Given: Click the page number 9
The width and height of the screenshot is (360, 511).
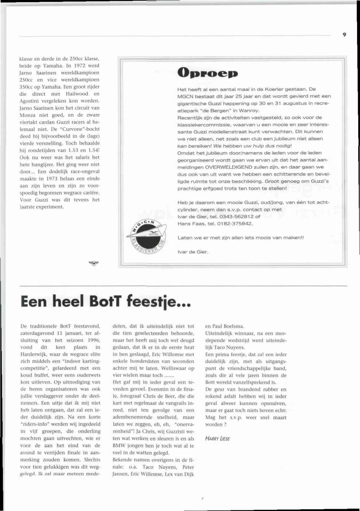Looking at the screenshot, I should (344, 35).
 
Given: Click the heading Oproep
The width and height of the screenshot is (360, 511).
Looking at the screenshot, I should (207, 73).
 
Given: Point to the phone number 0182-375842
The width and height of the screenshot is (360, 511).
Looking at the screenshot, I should (235, 223).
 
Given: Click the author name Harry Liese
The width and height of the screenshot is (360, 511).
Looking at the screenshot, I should (217, 438).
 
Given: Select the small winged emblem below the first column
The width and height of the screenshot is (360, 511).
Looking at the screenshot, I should (94, 263).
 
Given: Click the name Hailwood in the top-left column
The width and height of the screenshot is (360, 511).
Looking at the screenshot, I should (77, 94).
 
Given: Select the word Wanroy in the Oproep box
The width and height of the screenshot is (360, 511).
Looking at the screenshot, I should (249, 110).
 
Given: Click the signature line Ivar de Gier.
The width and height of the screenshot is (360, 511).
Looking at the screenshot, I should (193, 251).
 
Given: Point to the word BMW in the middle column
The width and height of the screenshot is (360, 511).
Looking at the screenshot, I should (119, 446).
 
